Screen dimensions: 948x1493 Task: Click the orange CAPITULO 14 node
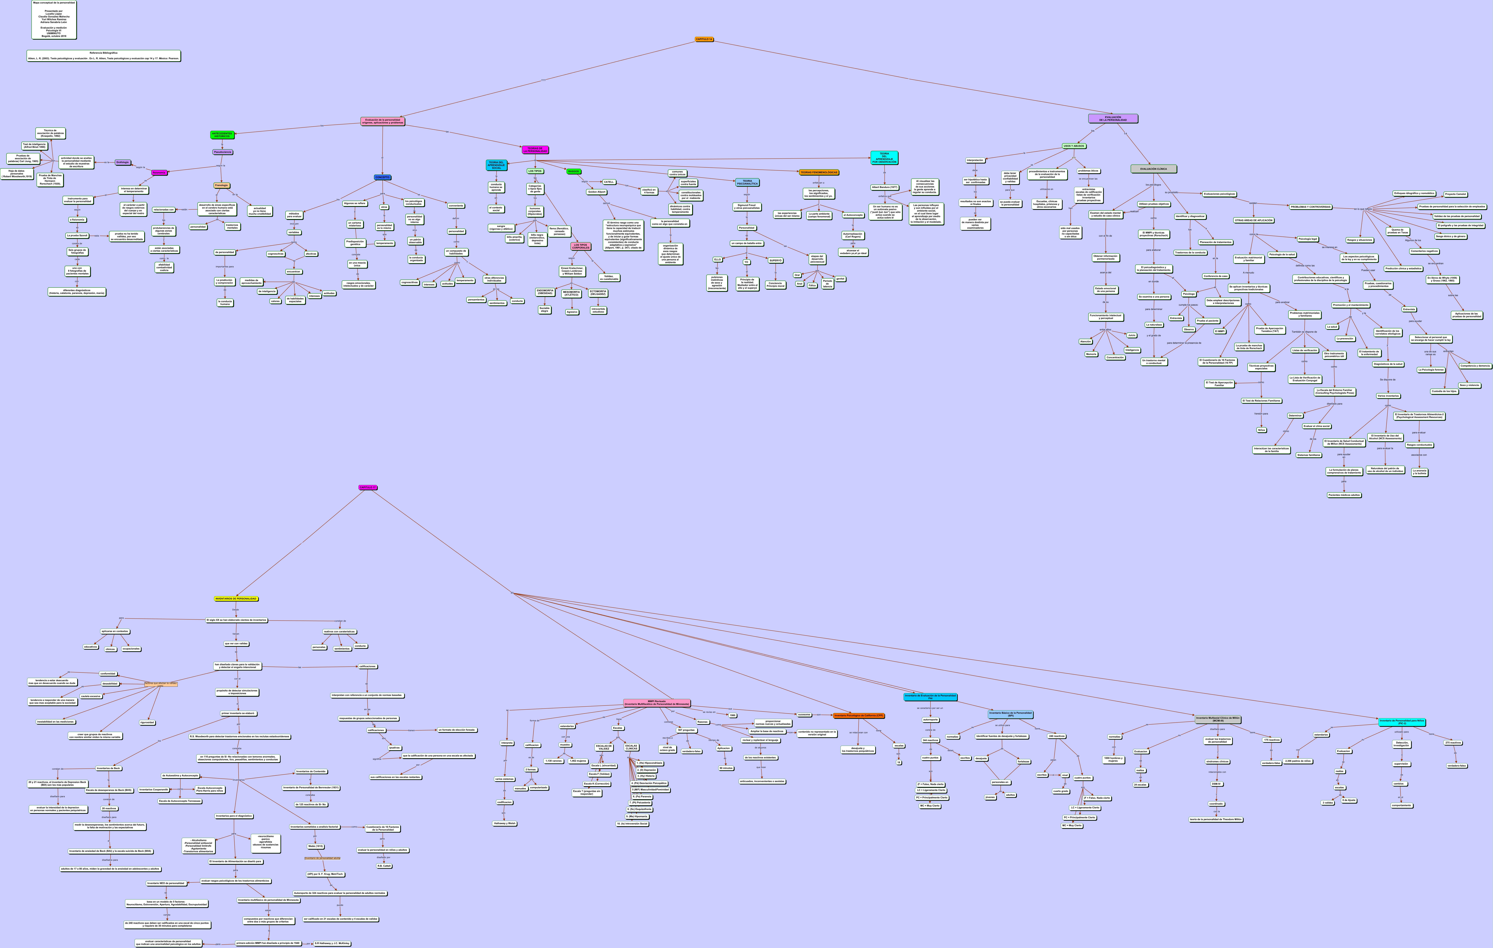[x=704, y=39]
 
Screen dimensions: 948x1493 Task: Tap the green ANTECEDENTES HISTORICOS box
[x=222, y=134]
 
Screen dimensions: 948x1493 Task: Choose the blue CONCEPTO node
[x=383, y=177]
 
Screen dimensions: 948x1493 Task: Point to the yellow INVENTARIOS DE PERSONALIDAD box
[x=236, y=599]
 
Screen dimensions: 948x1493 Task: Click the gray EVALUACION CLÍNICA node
[x=1153, y=169]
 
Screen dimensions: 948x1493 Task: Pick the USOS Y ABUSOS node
[x=1074, y=146]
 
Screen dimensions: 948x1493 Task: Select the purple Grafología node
[x=123, y=162]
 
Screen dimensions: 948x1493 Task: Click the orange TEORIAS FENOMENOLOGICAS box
[x=818, y=172]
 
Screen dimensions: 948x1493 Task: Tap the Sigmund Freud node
[x=746, y=206]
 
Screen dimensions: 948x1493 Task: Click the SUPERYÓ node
[x=775, y=260]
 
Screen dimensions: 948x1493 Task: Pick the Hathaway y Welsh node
[x=505, y=823]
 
